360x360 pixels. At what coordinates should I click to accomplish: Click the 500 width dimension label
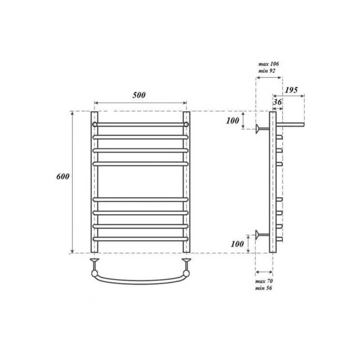click(x=139, y=95)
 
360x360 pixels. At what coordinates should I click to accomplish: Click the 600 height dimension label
click(x=63, y=176)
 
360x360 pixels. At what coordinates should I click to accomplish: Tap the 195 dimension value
click(x=291, y=90)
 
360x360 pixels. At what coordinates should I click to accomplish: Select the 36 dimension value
click(x=277, y=102)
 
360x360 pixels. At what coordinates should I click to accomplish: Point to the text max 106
click(x=269, y=64)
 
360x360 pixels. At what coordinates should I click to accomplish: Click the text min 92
click(x=267, y=71)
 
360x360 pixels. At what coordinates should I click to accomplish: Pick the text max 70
click(x=264, y=281)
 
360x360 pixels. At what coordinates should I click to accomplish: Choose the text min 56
click(x=264, y=288)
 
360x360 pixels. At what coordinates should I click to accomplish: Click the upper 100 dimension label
click(x=232, y=121)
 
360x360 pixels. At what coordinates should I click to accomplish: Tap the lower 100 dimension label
click(x=237, y=244)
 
